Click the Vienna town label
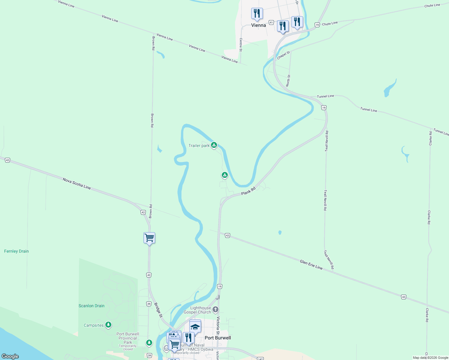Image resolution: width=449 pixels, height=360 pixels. click(258, 25)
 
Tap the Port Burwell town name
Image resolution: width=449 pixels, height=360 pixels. click(218, 338)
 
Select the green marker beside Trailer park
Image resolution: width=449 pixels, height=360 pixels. click(214, 145)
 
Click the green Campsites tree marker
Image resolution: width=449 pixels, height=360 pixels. click(108, 325)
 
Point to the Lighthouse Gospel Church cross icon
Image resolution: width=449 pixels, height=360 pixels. click(215, 309)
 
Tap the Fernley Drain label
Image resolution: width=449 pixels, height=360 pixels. click(17, 251)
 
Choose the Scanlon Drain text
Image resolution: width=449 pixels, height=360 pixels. click(92, 306)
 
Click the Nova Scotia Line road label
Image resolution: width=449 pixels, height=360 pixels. click(77, 183)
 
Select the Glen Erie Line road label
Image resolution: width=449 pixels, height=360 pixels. click(311, 265)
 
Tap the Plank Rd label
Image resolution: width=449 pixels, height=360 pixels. click(248, 191)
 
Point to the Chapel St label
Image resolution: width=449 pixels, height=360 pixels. click(283, 55)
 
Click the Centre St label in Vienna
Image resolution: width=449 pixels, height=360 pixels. click(241, 45)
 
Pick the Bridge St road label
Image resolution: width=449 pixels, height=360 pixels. click(158, 310)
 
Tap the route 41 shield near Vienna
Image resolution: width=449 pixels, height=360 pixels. click(271, 22)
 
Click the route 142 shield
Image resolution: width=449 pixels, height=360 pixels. click(261, 358)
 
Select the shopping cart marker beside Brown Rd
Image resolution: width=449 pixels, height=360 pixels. click(149, 238)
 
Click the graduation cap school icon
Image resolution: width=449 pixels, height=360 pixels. click(195, 327)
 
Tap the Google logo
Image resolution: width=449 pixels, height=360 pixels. click(10, 356)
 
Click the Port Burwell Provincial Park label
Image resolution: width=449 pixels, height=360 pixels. click(128, 338)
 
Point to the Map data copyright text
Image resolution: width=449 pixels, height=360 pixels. click(430, 358)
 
